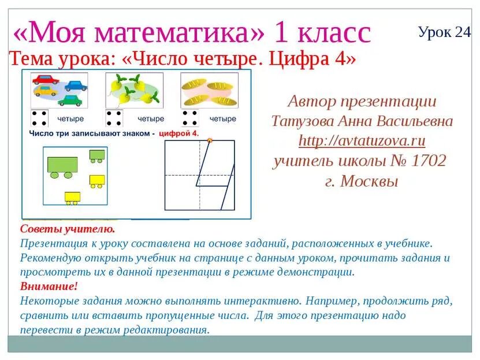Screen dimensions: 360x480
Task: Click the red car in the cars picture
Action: click(x=44, y=79)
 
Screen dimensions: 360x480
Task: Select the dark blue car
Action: click(x=76, y=86)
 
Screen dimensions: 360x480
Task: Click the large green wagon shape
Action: click(x=62, y=166)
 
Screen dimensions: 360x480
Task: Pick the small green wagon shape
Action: click(x=97, y=154)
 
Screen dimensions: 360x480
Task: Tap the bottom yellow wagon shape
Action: click(x=72, y=198)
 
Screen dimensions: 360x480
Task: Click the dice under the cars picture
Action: click(x=39, y=118)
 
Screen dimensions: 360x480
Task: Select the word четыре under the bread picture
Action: click(x=222, y=119)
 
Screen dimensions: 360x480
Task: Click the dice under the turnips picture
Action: click(x=114, y=118)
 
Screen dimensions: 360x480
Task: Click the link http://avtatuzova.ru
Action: click(x=362, y=140)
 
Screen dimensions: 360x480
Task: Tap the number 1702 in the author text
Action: click(x=427, y=160)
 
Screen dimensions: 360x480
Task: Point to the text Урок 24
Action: click(x=444, y=32)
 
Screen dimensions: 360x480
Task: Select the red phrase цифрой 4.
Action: click(x=178, y=133)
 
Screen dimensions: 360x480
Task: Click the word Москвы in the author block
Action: click(x=369, y=181)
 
